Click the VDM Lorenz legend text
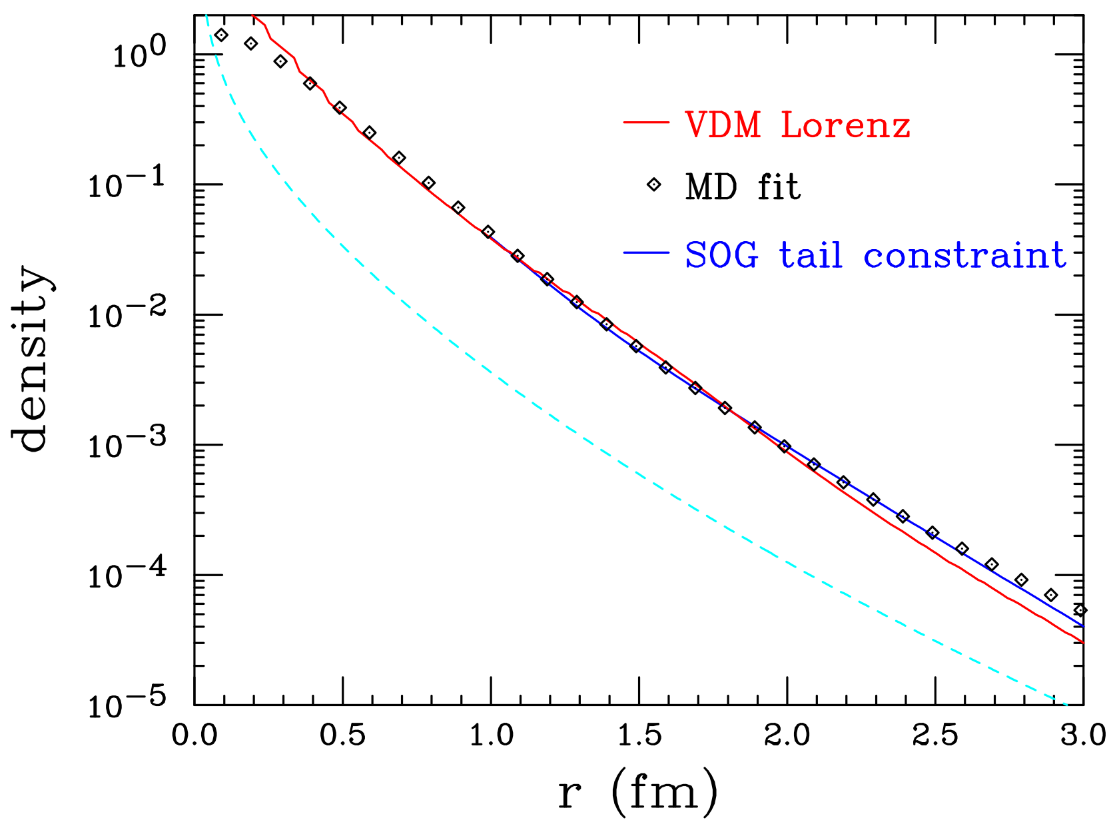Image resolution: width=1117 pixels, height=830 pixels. [797, 125]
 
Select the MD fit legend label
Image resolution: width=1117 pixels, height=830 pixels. [742, 187]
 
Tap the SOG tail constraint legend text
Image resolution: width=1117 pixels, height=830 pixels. [875, 255]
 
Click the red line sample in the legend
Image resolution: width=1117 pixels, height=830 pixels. [645, 123]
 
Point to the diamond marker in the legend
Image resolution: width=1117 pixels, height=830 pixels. [654, 185]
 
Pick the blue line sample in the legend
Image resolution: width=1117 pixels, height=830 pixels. [645, 252]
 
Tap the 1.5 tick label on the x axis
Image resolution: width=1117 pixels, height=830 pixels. [638, 736]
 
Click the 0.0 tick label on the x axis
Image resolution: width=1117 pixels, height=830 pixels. [194, 736]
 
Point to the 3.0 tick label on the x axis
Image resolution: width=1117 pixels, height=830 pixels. [1082, 736]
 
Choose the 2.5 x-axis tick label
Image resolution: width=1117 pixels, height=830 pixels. [934, 736]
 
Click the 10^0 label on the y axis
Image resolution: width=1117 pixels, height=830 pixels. [137, 55]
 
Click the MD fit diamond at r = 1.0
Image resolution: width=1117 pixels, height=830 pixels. [488, 232]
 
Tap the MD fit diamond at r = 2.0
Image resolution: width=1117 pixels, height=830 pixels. [785, 446]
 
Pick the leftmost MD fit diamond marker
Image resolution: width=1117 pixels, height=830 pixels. [222, 35]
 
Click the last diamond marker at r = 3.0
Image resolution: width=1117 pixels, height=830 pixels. [1080, 610]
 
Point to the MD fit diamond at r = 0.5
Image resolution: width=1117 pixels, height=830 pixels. [340, 108]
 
